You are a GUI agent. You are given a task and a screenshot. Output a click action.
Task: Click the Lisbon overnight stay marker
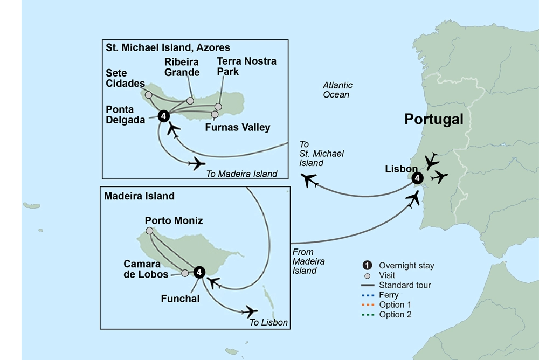click(416, 178)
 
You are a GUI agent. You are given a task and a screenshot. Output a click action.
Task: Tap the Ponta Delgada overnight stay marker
click(164, 116)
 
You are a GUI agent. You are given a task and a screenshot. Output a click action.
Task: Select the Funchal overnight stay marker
click(199, 272)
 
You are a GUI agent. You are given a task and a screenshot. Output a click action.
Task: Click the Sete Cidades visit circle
click(148, 95)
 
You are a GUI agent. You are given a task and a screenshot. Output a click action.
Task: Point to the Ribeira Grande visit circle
click(190, 101)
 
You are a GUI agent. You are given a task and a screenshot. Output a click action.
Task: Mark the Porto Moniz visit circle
click(149, 231)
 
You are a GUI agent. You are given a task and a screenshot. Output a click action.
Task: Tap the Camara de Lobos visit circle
click(185, 273)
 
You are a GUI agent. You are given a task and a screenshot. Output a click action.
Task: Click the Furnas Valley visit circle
click(215, 114)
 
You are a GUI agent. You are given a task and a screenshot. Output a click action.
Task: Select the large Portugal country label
click(434, 120)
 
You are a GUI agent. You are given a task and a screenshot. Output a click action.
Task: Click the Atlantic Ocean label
click(337, 90)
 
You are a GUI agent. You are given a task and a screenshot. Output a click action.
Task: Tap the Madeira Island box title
click(140, 196)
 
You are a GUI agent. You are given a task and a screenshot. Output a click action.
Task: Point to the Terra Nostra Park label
click(246, 66)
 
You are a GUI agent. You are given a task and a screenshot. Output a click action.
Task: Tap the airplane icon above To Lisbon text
click(250, 311)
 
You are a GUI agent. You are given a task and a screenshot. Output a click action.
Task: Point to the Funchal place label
click(181, 298)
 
